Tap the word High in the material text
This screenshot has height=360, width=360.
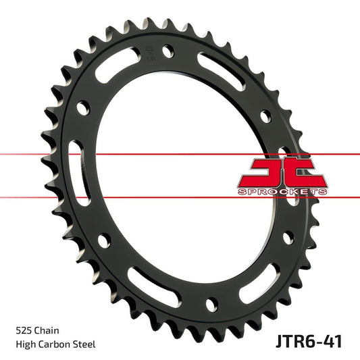coord(26,344)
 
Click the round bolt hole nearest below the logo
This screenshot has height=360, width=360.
coord(287,237)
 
